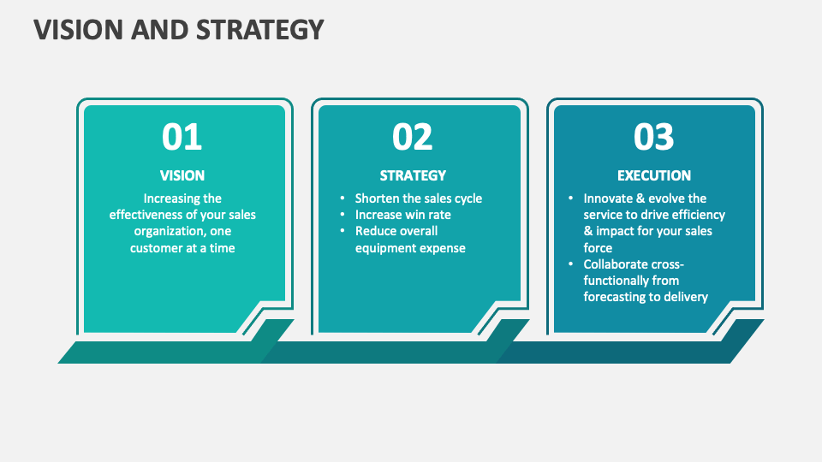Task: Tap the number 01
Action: pyautogui.click(x=182, y=137)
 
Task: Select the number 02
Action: pyautogui.click(x=413, y=137)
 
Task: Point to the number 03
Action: pyautogui.click(x=654, y=137)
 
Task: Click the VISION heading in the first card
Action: pyautogui.click(x=182, y=175)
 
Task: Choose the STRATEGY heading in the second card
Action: pyautogui.click(x=413, y=175)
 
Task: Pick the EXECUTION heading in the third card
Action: pyautogui.click(x=654, y=175)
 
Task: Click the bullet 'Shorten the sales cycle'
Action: pyautogui.click(x=418, y=198)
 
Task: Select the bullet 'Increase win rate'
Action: pyautogui.click(x=402, y=215)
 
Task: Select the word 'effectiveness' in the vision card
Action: pyautogui.click(x=146, y=215)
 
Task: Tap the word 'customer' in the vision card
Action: pyautogui.click(x=157, y=248)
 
